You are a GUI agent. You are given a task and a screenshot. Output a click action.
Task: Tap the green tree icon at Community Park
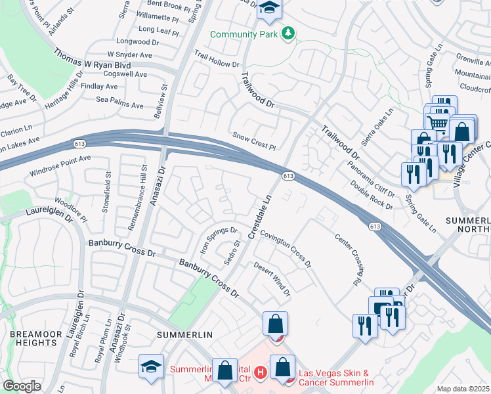click(x=288, y=33)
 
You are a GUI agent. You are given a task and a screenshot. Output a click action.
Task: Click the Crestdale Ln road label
click(x=259, y=216)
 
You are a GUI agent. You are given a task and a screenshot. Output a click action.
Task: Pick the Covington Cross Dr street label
click(x=286, y=249)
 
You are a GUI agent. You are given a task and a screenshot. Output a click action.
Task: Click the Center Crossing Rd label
click(x=349, y=260)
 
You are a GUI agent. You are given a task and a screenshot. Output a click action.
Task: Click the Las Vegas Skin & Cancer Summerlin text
click(x=336, y=378)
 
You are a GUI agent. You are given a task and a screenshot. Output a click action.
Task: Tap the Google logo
click(x=22, y=385)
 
